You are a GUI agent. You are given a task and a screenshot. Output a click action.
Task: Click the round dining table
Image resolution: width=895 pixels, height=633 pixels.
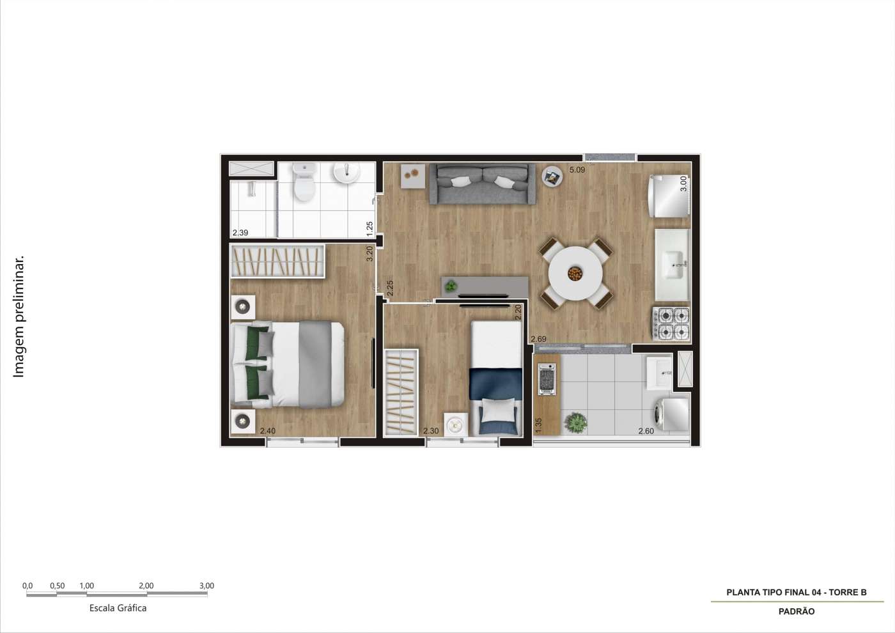click(576, 273)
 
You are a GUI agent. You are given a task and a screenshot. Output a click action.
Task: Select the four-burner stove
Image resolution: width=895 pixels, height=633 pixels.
click(671, 323)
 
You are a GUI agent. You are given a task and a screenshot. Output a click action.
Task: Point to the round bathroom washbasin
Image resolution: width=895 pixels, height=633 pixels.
click(346, 172)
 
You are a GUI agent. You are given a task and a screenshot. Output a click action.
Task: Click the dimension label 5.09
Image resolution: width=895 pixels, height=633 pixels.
click(577, 170)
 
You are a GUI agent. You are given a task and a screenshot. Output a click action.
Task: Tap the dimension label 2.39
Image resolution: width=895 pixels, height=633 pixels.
click(240, 233)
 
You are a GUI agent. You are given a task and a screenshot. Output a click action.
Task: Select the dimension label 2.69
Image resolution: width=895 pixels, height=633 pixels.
click(538, 339)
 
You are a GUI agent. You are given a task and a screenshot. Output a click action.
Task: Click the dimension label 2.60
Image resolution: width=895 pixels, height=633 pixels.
click(646, 431)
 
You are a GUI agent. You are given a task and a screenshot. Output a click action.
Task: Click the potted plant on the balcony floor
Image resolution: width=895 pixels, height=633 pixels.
click(576, 422)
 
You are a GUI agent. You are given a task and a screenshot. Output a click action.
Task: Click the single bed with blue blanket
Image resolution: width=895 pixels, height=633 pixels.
click(496, 377)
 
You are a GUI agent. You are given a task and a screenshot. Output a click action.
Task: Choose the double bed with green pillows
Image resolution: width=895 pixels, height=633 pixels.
click(288, 364)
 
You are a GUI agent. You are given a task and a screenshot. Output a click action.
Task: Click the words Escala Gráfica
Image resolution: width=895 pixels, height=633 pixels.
click(118, 608)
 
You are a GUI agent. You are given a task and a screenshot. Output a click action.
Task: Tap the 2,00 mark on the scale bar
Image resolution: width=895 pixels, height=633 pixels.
click(146, 586)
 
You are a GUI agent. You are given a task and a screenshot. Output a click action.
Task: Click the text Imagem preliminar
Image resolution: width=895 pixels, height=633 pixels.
click(19, 317)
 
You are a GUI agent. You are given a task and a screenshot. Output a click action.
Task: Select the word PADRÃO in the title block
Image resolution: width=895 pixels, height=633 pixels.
click(797, 611)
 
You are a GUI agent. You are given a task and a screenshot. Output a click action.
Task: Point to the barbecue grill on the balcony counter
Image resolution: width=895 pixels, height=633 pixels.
click(547, 379)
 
